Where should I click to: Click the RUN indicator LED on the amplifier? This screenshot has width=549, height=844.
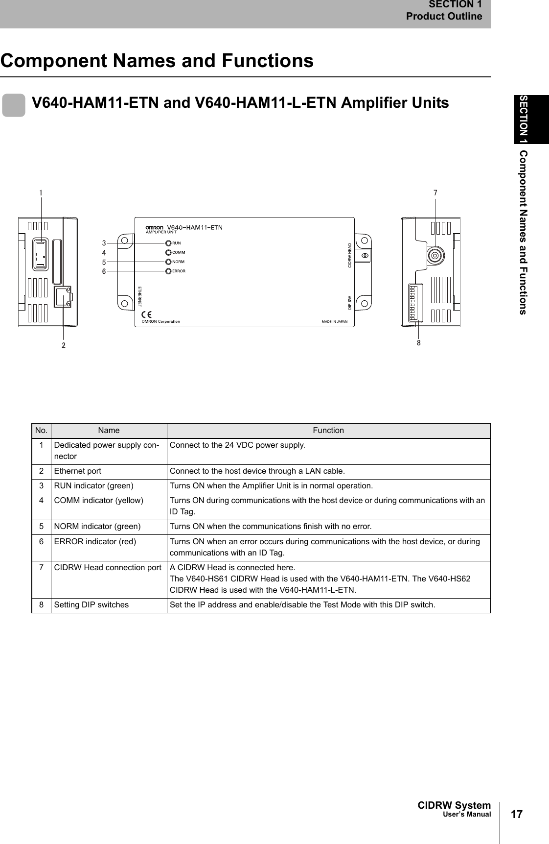[168, 243]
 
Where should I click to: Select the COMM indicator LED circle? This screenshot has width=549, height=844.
[168, 252]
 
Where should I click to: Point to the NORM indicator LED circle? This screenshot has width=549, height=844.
[168, 262]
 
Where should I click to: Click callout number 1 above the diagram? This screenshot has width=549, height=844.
[41, 193]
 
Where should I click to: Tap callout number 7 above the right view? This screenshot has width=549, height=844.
[435, 193]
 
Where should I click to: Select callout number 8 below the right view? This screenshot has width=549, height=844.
[419, 343]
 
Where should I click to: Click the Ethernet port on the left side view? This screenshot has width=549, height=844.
[63, 297]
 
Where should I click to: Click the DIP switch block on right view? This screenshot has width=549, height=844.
[415, 302]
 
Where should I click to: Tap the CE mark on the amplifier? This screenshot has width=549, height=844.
[146, 314]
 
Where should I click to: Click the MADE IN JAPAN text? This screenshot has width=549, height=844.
[334, 322]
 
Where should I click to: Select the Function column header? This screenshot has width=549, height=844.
[328, 431]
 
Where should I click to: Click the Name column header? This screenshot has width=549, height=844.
[109, 431]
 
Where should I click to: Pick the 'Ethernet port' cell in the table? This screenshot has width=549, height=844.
[78, 471]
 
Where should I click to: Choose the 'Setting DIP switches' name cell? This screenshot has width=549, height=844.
[91, 605]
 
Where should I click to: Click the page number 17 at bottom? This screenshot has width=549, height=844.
[517, 814]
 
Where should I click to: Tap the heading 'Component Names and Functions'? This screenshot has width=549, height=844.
[157, 61]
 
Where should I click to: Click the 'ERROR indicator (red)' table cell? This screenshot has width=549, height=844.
[95, 542]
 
